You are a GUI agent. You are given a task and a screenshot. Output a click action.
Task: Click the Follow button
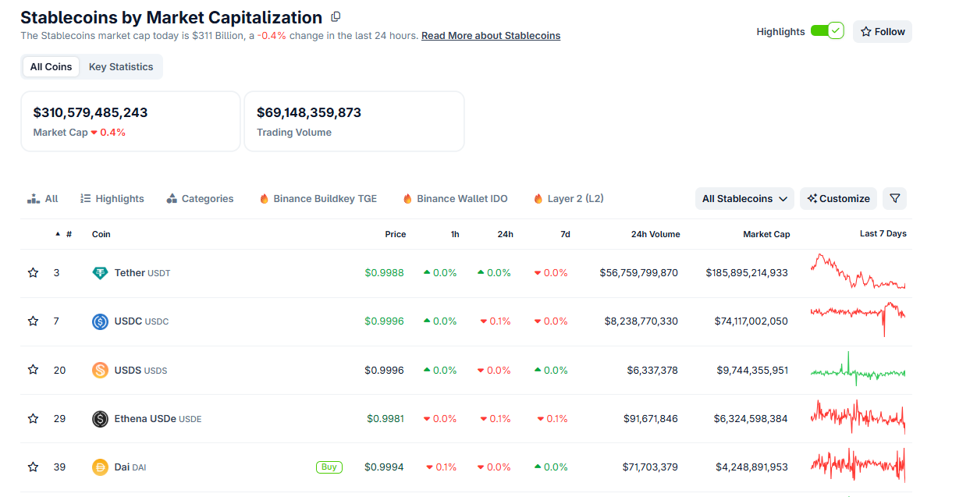point(882,32)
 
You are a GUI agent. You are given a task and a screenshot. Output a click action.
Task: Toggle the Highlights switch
point(827,31)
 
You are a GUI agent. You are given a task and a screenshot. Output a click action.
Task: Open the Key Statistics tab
point(121,67)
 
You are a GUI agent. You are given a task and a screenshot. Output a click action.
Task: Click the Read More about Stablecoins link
point(491,36)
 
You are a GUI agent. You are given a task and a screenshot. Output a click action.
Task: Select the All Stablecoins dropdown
point(744,199)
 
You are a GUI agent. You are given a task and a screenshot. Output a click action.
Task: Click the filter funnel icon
point(894,199)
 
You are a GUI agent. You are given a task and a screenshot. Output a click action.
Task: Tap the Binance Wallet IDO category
point(455,199)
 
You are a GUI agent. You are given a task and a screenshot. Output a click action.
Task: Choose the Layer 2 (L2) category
point(568,199)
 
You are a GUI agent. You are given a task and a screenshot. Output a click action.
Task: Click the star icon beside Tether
point(33,273)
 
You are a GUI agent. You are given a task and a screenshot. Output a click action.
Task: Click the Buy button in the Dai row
point(329,467)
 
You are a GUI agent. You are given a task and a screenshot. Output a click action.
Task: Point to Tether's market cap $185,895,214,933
point(747,273)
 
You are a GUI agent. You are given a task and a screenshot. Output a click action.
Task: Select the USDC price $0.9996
point(384,321)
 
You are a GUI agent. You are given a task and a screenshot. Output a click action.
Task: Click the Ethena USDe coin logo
point(100,419)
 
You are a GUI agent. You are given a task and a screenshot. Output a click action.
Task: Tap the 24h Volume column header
point(655,234)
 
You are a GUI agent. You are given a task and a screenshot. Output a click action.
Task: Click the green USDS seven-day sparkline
point(858,371)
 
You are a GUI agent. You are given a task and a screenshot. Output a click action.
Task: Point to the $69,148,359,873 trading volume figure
point(309,112)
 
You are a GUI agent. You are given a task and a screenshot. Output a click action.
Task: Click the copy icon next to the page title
point(336,17)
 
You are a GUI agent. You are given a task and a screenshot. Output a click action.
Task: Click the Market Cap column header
point(766,234)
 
